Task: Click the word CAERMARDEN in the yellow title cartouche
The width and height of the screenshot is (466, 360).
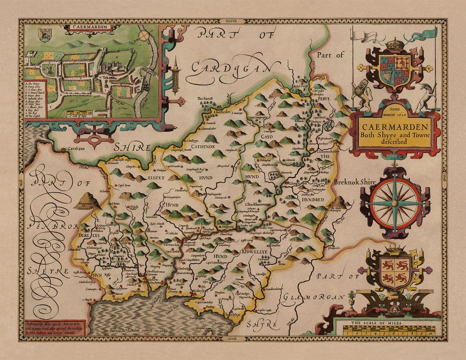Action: click(395, 126)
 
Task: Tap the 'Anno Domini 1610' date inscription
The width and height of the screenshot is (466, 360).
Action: click(395, 113)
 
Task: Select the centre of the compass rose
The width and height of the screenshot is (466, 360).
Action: click(395, 203)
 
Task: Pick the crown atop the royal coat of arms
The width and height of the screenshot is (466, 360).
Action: click(395, 43)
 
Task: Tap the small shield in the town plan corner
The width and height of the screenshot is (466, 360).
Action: click(45, 35)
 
